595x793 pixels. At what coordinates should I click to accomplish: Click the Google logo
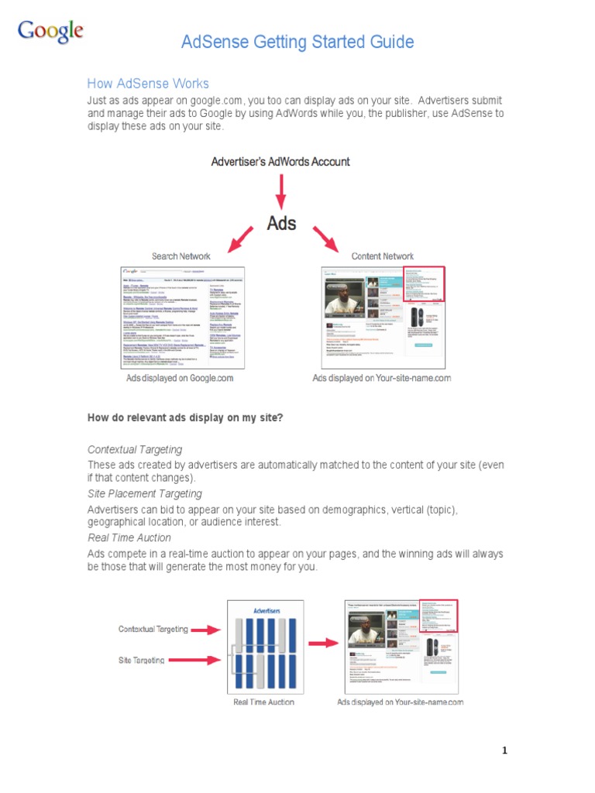(50, 32)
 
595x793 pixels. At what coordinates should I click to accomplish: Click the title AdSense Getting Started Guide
(297, 42)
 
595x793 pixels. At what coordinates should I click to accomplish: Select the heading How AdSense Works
(148, 84)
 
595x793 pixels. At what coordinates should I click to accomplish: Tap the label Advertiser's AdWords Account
(280, 162)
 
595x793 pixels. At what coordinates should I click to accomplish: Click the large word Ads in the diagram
(281, 223)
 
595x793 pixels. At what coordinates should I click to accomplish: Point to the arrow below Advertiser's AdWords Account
(281, 190)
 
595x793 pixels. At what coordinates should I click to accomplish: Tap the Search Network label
(181, 256)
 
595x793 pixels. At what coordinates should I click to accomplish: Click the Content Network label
(383, 256)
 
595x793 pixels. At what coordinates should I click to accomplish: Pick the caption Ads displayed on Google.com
(180, 379)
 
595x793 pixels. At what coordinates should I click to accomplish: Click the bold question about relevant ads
(185, 418)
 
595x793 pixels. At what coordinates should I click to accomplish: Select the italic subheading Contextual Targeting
(135, 450)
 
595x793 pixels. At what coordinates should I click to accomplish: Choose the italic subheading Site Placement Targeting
(145, 494)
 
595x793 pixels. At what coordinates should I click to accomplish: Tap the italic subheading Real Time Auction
(129, 538)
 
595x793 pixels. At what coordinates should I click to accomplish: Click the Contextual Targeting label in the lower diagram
(153, 630)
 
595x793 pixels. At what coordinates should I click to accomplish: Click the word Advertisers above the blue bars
(267, 610)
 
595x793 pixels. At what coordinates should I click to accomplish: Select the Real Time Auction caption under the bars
(264, 702)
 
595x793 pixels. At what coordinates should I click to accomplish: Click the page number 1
(504, 750)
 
